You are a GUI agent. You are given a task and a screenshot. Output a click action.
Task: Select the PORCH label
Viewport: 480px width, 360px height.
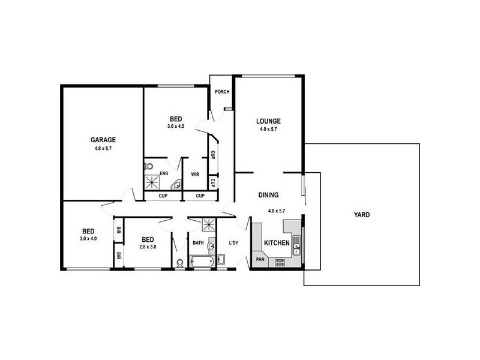click(222, 92)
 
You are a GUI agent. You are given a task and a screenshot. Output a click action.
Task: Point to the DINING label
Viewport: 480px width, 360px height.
click(268, 195)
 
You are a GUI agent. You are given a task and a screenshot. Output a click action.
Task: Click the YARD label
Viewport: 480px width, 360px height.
click(362, 214)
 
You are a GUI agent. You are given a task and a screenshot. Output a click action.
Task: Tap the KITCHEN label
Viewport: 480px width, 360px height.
click(278, 243)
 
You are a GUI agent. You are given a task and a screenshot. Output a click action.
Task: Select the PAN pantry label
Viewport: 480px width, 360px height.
click(260, 259)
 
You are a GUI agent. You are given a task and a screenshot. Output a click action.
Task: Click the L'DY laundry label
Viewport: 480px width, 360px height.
click(234, 243)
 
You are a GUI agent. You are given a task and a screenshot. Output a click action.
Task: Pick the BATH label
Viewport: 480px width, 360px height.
click(198, 243)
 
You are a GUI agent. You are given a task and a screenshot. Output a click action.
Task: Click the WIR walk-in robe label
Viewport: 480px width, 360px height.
click(195, 175)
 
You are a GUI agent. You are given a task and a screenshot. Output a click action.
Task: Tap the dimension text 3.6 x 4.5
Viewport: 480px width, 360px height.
click(176, 126)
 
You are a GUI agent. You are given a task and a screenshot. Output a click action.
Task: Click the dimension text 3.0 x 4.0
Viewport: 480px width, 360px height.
click(88, 239)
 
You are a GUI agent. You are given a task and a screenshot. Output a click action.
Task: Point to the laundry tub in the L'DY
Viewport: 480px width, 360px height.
click(221, 259)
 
